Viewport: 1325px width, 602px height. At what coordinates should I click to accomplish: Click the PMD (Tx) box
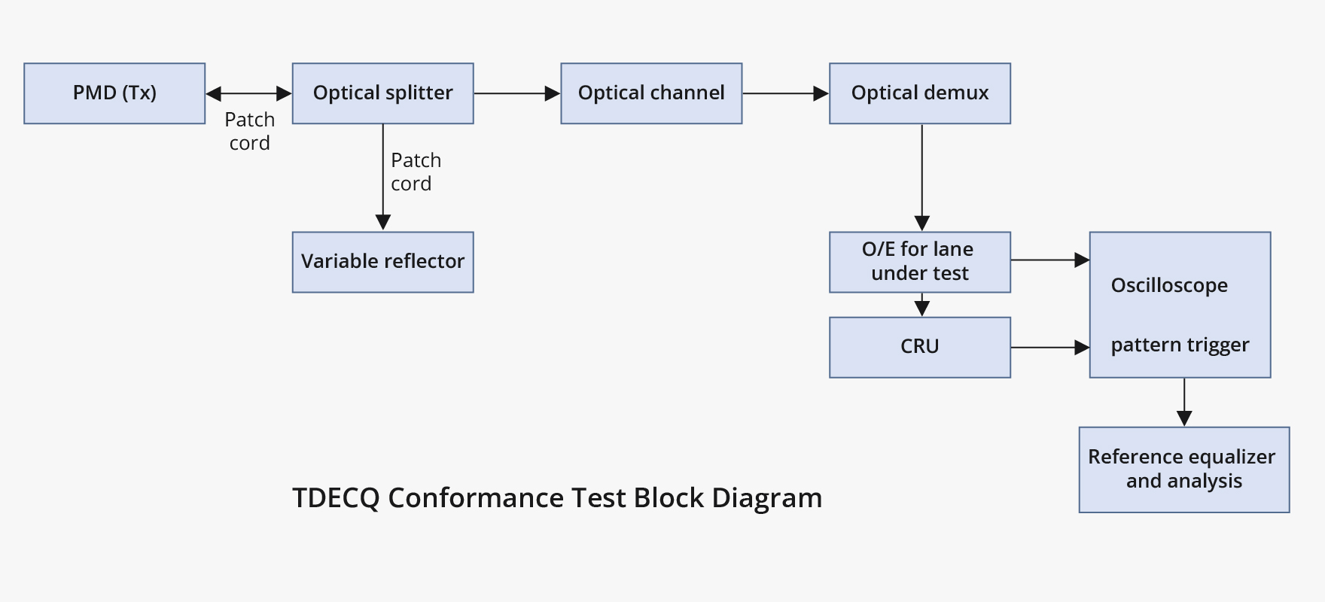pyautogui.click(x=114, y=93)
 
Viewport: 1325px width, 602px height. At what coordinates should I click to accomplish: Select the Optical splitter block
pyautogui.click(x=382, y=93)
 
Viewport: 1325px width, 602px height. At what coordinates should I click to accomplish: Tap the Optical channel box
pyautogui.click(x=651, y=93)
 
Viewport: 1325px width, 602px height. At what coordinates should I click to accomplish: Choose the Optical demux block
pyautogui.click(x=919, y=93)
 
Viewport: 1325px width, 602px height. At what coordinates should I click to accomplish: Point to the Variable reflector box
pyautogui.click(x=382, y=262)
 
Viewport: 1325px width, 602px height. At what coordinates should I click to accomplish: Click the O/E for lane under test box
pyautogui.click(x=919, y=262)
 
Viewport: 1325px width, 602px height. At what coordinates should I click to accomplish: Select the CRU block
pyautogui.click(x=919, y=347)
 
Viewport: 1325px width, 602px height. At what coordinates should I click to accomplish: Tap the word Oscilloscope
pyautogui.click(x=1169, y=285)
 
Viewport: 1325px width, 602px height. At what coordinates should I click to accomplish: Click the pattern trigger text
pyautogui.click(x=1180, y=345)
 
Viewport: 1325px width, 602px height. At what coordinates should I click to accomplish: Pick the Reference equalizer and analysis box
pyautogui.click(x=1183, y=470)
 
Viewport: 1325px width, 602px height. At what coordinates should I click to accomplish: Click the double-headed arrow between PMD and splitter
pyautogui.click(x=248, y=93)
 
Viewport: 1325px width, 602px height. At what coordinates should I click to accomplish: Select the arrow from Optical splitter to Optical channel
pyautogui.click(x=516, y=93)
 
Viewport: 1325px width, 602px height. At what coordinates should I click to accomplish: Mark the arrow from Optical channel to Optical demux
pyautogui.click(x=785, y=93)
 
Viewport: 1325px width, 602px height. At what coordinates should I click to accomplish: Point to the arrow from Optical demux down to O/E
pyautogui.click(x=921, y=177)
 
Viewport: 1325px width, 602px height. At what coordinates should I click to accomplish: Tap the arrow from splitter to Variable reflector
pyautogui.click(x=382, y=177)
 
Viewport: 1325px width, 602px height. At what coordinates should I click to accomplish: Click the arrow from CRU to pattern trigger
pyautogui.click(x=1049, y=348)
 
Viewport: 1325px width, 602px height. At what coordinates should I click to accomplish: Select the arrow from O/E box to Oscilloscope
pyautogui.click(x=1049, y=260)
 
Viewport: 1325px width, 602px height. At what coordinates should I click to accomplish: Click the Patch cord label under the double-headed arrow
pyautogui.click(x=249, y=132)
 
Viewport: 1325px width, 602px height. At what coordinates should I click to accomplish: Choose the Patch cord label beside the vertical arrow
pyautogui.click(x=415, y=172)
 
